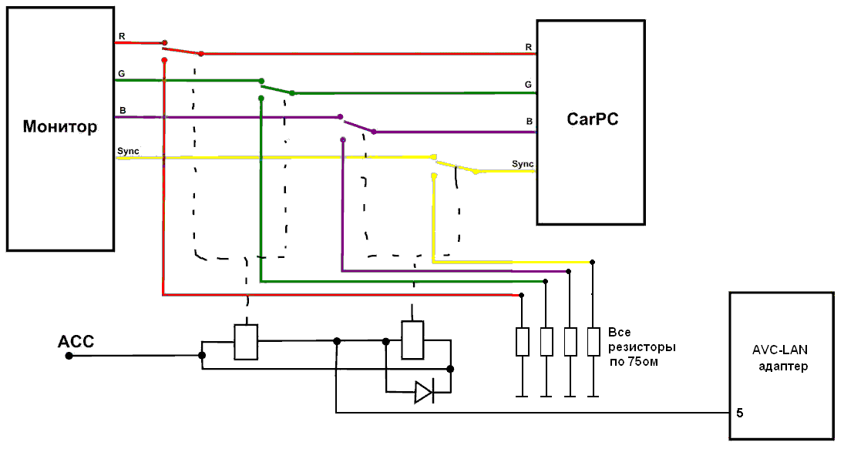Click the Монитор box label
[x=60, y=127]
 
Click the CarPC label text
[x=592, y=119]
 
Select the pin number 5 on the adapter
[x=740, y=413]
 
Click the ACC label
[x=76, y=341]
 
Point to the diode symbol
[x=424, y=393]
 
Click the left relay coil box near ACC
[x=245, y=342]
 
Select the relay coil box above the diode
[x=413, y=340]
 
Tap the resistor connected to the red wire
[x=523, y=341]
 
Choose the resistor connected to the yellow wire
[x=593, y=341]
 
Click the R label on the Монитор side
[x=121, y=36]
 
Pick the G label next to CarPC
[x=528, y=84]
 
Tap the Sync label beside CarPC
[x=523, y=164]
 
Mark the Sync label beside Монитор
[x=128, y=151]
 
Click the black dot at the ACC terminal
[x=69, y=356]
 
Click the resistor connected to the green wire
[x=546, y=341]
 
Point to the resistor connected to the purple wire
[x=570, y=341]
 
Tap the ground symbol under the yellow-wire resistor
[x=593, y=396]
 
